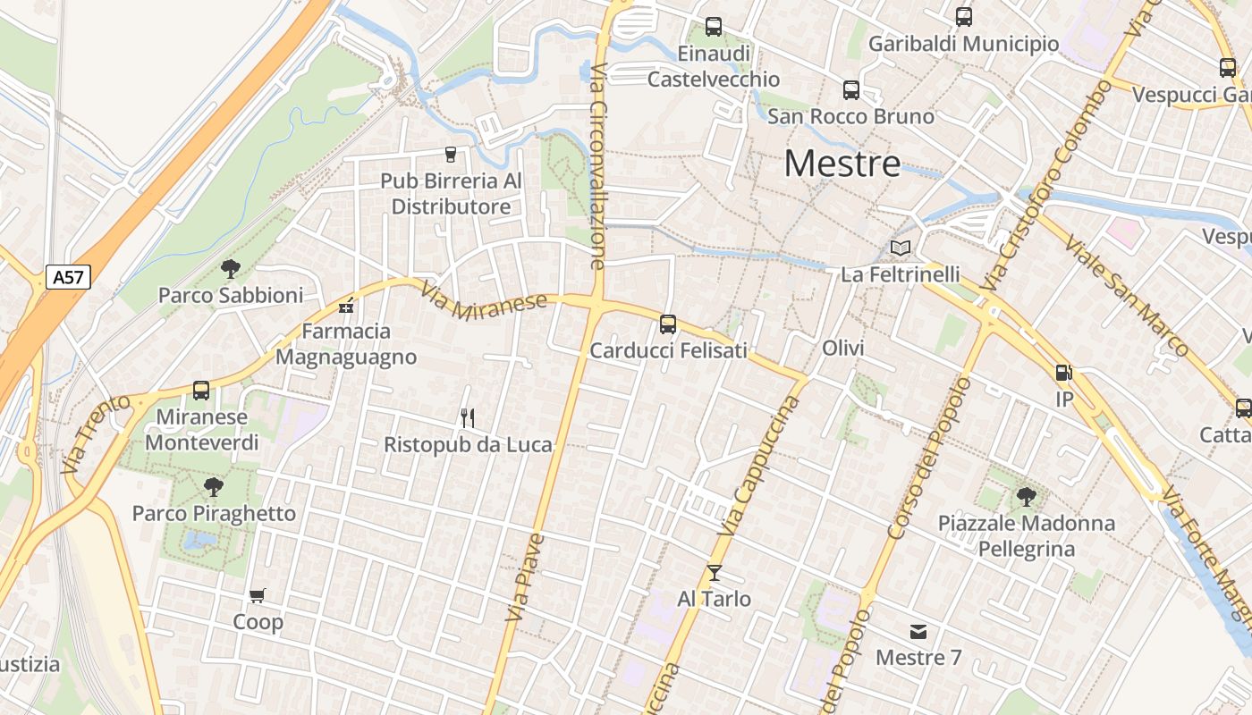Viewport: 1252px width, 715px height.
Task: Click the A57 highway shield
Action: tap(68, 277)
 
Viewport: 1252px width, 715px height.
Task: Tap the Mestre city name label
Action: tap(842, 164)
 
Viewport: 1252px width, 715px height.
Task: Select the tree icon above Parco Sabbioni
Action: tap(231, 268)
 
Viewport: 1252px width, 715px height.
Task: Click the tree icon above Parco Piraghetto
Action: tap(213, 487)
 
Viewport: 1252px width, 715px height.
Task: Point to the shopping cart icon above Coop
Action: tap(258, 595)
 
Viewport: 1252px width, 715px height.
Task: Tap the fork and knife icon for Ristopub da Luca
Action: tap(467, 417)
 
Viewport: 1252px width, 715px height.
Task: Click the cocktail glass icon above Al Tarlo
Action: tap(714, 572)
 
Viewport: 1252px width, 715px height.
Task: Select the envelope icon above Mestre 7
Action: tap(918, 632)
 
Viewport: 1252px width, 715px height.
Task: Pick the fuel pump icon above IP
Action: tap(1063, 373)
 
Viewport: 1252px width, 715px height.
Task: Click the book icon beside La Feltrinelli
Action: tap(900, 248)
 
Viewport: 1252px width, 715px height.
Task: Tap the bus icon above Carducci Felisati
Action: tap(668, 324)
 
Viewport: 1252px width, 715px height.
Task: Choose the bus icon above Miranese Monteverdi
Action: tap(201, 391)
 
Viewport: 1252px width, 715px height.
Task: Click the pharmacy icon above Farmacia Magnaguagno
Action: tap(346, 306)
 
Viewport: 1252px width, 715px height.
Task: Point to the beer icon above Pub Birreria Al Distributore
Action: tap(450, 155)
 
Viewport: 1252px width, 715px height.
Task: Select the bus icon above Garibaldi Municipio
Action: tap(963, 16)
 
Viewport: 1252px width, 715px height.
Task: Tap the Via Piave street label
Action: tap(525, 577)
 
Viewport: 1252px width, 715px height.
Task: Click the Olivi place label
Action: tap(843, 348)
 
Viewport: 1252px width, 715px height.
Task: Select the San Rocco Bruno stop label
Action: tap(850, 116)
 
